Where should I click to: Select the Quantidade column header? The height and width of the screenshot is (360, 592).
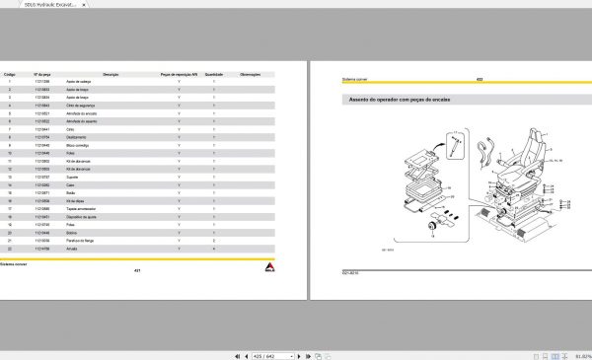[x=215, y=73]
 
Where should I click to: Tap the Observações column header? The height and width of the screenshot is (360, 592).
[x=252, y=73]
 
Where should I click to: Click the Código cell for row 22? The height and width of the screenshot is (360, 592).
[x=9, y=248]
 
